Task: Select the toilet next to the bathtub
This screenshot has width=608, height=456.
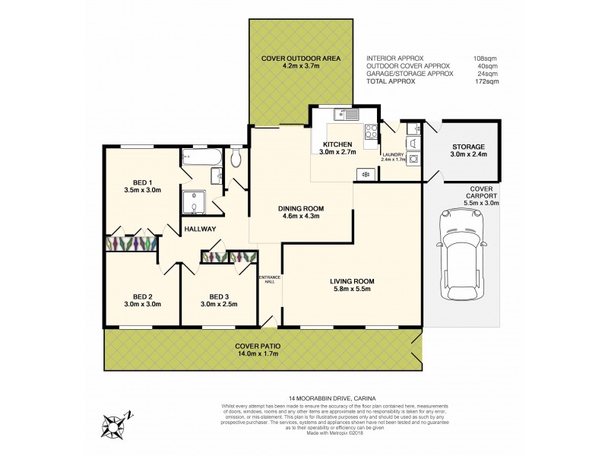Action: tap(236, 158)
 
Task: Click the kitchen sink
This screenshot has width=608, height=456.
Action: tap(347, 115)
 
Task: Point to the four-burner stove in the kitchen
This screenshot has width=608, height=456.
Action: tap(371, 131)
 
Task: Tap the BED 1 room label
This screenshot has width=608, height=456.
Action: tap(140, 182)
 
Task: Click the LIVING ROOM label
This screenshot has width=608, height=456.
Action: tap(352, 281)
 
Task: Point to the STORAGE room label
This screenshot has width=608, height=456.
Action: tap(468, 147)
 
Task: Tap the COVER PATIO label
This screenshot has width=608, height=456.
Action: tap(258, 346)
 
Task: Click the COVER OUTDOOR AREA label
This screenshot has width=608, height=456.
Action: tap(300, 58)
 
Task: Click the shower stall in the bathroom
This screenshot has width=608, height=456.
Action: tap(195, 203)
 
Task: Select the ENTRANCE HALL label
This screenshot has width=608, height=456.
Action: tap(270, 279)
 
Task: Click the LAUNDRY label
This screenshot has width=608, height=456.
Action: tap(392, 154)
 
